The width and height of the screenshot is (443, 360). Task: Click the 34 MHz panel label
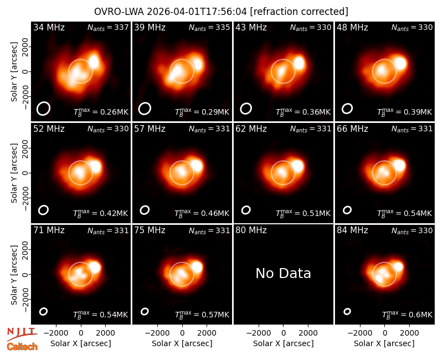pyautogui.click(x=49, y=27)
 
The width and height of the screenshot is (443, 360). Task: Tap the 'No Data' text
pyautogui.click(x=283, y=273)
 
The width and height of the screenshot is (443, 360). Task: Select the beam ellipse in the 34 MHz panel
pyautogui.click(x=43, y=109)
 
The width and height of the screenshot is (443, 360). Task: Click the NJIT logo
pyautogui.click(x=22, y=333)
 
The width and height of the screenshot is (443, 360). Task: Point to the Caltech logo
pyautogui.click(x=22, y=347)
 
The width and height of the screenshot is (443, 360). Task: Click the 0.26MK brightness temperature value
pyautogui.click(x=110, y=112)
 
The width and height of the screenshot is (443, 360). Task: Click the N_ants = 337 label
pyautogui.click(x=108, y=27)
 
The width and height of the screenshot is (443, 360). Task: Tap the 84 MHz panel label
pyautogui.click(x=352, y=230)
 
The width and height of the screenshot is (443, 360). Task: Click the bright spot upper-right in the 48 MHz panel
pyautogui.click(x=400, y=63)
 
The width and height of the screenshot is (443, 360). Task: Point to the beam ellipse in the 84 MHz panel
pyautogui.click(x=347, y=311)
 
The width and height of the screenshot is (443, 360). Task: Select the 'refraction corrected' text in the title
pyautogui.click(x=300, y=12)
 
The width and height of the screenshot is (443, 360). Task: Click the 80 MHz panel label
pyautogui.click(x=251, y=230)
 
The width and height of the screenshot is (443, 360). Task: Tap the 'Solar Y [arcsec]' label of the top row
pyautogui.click(x=14, y=72)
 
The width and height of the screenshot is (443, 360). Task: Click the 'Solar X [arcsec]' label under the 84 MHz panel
pyautogui.click(x=384, y=343)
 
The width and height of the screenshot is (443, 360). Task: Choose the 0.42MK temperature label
pyautogui.click(x=110, y=213)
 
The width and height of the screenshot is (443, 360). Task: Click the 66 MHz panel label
pyautogui.click(x=352, y=129)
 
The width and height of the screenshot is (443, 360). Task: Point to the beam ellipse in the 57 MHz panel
pyautogui.click(x=145, y=210)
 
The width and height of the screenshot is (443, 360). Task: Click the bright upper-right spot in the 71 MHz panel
pyautogui.click(x=94, y=267)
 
